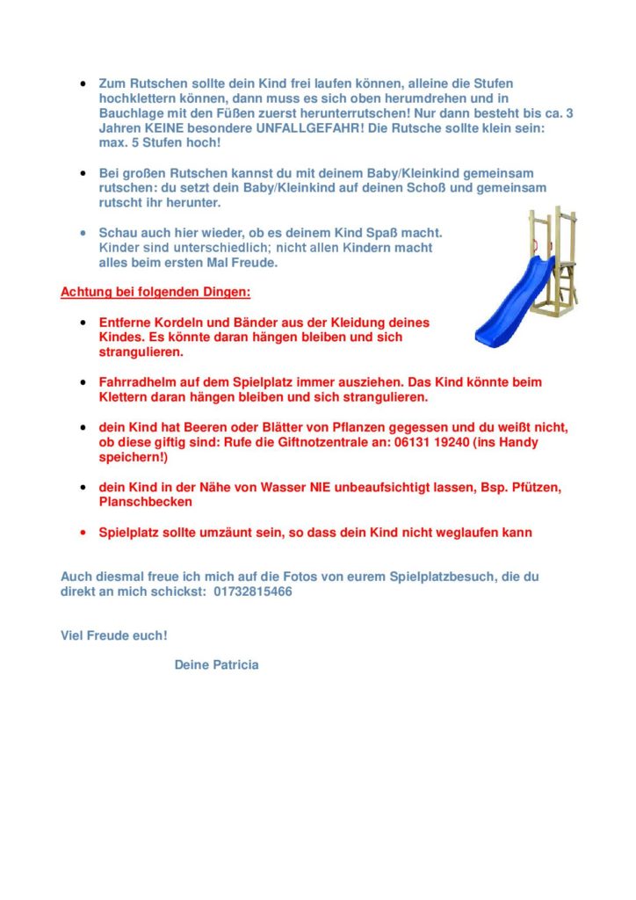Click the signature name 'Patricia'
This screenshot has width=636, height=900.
(235, 665)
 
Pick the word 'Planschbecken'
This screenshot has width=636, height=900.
(146, 502)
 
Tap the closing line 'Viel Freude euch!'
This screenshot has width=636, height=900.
(113, 635)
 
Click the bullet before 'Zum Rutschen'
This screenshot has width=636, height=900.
(82, 83)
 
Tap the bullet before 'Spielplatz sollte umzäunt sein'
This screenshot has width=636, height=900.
(82, 533)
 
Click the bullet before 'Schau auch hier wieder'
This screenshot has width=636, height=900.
(82, 234)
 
